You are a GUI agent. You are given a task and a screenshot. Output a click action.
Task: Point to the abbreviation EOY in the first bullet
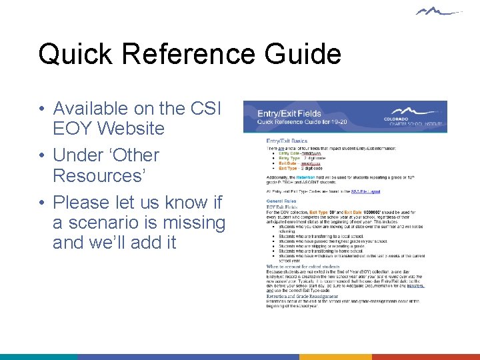click(x=70, y=128)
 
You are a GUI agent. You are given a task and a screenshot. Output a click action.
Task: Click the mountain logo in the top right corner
click(x=437, y=11)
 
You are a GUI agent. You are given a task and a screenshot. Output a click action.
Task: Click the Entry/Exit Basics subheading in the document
click(x=287, y=141)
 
